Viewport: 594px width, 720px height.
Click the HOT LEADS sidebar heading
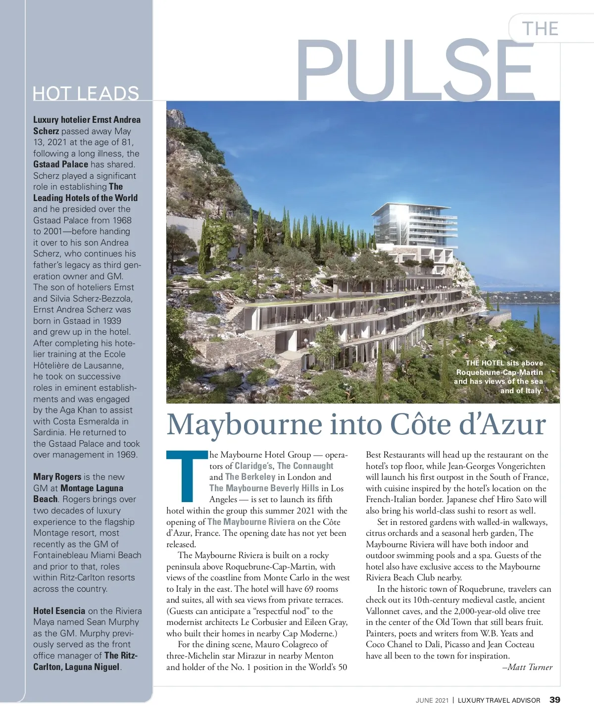click(86, 93)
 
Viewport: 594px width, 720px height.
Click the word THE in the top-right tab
click(540, 29)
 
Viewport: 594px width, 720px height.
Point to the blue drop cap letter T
click(187, 475)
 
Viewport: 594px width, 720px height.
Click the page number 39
click(555, 700)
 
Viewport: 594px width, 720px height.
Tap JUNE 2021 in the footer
click(432, 700)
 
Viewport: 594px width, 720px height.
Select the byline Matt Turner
click(530, 667)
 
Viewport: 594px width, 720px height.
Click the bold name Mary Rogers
click(57, 477)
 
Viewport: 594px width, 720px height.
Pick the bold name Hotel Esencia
click(59, 611)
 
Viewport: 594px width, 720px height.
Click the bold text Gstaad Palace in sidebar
click(61, 164)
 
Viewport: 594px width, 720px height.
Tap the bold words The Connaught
click(305, 466)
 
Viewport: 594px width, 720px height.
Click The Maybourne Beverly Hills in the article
click(264, 488)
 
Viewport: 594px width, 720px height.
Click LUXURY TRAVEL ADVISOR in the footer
click(499, 700)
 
